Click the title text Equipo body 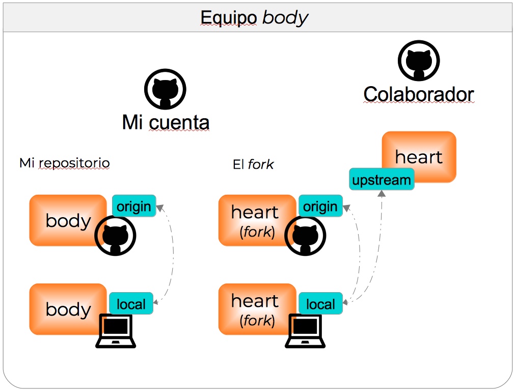(x=254, y=18)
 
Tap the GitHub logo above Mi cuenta (x=165, y=90)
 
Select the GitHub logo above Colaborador (x=418, y=61)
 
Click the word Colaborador (x=418, y=94)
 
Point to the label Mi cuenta (x=166, y=122)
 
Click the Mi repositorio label (x=65, y=163)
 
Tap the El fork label (x=253, y=164)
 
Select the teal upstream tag (x=382, y=179)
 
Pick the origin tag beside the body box (x=133, y=206)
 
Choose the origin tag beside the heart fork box (x=320, y=206)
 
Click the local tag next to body (x=131, y=304)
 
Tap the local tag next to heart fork (x=320, y=304)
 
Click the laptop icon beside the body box (x=116, y=331)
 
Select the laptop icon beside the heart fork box (x=305, y=331)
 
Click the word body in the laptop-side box (x=68, y=309)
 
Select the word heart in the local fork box (x=255, y=301)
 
